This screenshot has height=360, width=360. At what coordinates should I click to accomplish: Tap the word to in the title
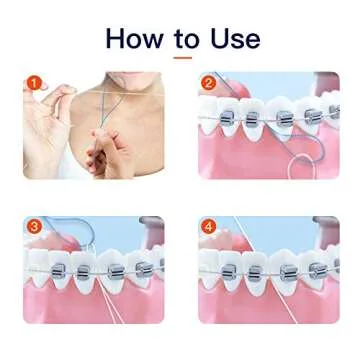pyautogui.click(x=186, y=39)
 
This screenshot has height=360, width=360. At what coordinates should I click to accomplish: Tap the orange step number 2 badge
pyautogui.click(x=209, y=83)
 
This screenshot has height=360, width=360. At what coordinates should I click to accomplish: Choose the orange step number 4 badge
pyautogui.click(x=209, y=227)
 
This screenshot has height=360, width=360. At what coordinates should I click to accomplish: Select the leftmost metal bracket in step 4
pyautogui.click(x=229, y=271)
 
